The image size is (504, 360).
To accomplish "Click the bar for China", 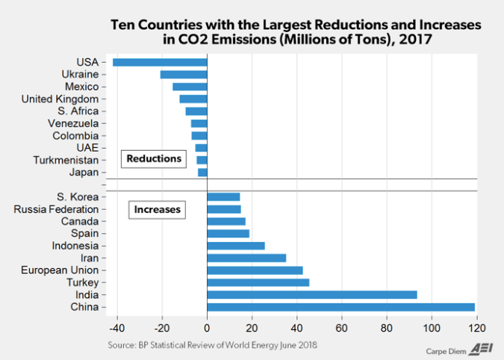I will point(340,307).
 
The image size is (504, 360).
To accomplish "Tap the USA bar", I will point(160,62).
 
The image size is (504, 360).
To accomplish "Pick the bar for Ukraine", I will point(184,75).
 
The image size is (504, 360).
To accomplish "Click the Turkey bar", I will point(258,282).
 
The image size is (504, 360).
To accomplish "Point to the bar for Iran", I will point(246,258).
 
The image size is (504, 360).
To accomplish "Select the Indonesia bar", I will point(235,245).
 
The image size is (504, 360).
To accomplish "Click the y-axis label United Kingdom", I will point(60,99).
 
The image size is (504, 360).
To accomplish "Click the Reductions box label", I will point(154,158).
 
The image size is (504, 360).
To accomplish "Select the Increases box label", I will point(157,210).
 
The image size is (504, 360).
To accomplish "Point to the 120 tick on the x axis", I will point(476,327).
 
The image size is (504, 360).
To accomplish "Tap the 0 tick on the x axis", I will point(207,327).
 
